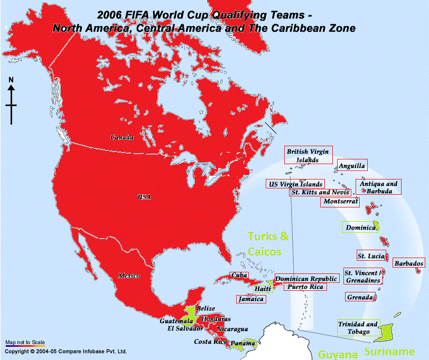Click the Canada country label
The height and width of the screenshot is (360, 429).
[122, 137]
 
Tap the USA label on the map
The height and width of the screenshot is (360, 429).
[144, 197]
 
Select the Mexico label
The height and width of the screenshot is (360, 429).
[129, 276]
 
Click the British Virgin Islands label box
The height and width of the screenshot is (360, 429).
[308, 155]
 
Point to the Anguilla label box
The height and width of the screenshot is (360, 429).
[352, 166]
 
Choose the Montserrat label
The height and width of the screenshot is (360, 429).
[340, 202]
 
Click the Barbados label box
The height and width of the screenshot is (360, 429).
[409, 263]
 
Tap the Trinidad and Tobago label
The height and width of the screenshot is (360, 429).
[358, 328]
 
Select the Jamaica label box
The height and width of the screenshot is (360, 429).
[251, 299]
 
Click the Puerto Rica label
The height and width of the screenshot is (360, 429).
[304, 287]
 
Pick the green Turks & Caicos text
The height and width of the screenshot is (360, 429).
[269, 244]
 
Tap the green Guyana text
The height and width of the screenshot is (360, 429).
[334, 353]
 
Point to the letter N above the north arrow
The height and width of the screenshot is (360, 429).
[11, 80]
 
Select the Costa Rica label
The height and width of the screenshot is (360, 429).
[210, 342]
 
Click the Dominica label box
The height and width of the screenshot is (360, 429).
[360, 228]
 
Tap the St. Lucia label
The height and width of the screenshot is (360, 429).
[371, 256]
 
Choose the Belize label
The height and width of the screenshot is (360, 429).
[206, 308]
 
